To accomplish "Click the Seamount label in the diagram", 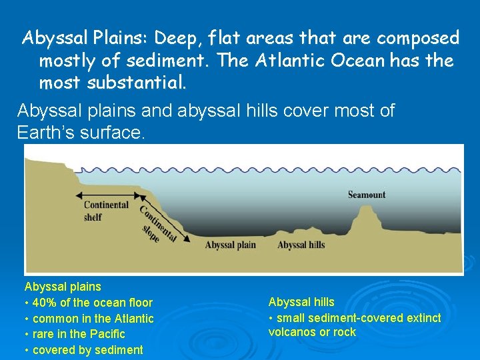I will point(367,195).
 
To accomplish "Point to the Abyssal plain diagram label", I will point(230,245).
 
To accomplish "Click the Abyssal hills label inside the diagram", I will point(301,245).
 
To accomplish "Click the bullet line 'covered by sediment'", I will point(87,349).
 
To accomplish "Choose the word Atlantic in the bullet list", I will point(133,319).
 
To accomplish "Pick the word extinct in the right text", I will point(421,317).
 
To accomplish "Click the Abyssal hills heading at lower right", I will point(301,302).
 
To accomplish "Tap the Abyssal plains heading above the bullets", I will point(63,287).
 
